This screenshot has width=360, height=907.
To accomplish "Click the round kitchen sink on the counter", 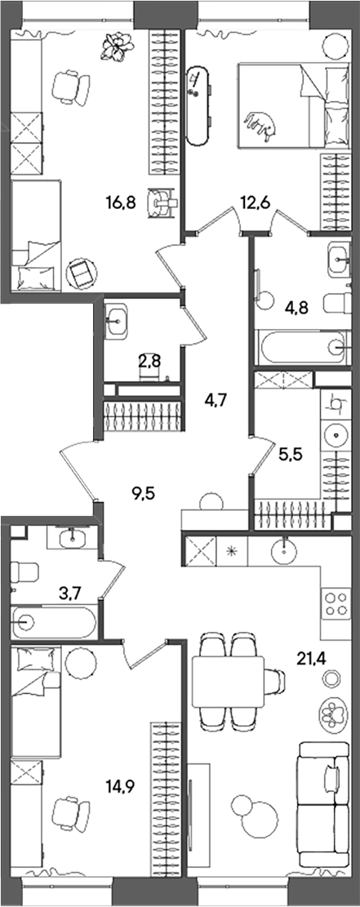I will tap(284, 549).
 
